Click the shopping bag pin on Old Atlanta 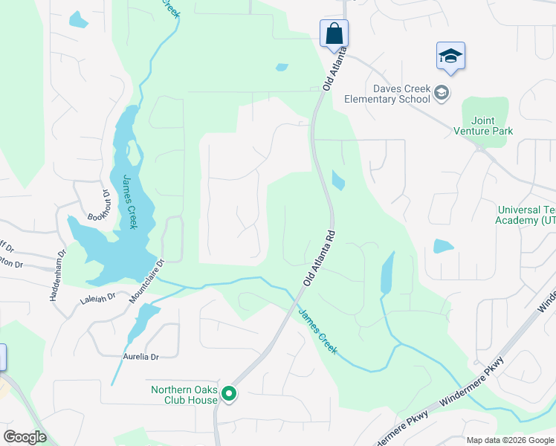click(x=334, y=33)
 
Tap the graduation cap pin click(x=450, y=56)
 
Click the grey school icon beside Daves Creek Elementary click(x=442, y=93)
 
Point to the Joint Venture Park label click(x=483, y=126)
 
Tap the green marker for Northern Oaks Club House click(x=230, y=394)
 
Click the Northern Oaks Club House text click(x=184, y=395)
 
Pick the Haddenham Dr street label click(x=58, y=274)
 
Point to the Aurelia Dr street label click(x=141, y=357)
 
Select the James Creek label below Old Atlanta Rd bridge click(x=318, y=331)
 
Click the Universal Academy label click(x=527, y=216)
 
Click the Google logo click(x=25, y=436)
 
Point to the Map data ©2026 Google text click(x=509, y=440)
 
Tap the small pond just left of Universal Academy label click(x=443, y=246)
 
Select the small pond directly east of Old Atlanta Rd click(x=338, y=181)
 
